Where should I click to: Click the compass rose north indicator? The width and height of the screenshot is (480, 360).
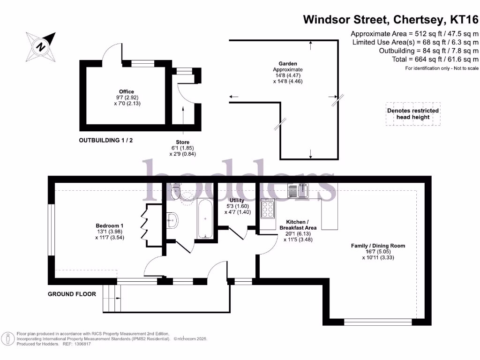(x=41, y=46)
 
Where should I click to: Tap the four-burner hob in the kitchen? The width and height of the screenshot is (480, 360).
(x=268, y=209)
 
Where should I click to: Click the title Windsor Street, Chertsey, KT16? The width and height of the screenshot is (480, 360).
(x=390, y=20)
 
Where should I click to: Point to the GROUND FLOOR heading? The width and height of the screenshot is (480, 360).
(x=72, y=294)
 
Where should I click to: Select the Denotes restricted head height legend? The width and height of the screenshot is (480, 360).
(x=413, y=114)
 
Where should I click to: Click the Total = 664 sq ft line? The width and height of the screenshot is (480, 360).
(x=428, y=59)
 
